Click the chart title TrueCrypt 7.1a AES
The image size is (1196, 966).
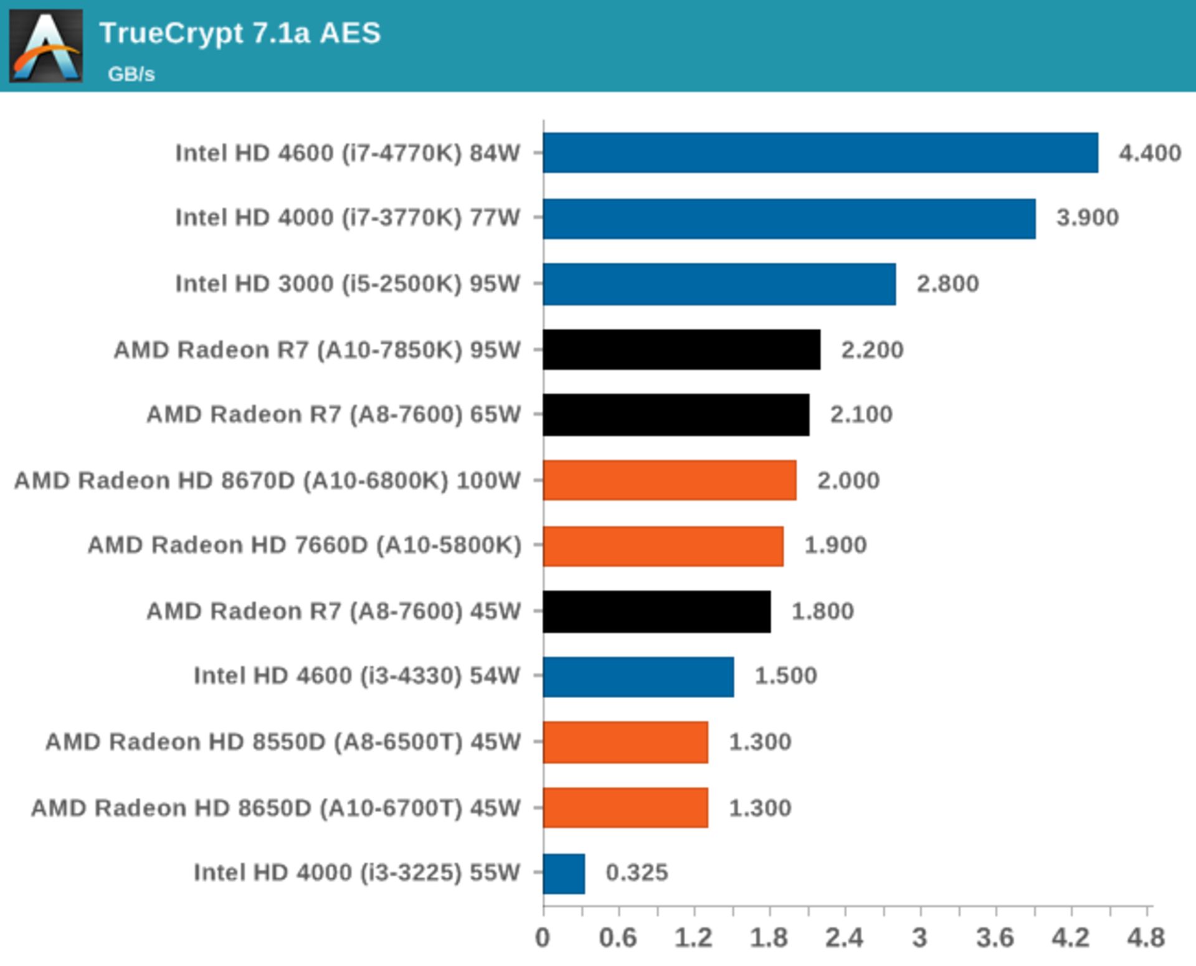240,34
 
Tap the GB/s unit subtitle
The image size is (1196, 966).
131,74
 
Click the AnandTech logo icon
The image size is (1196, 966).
45,45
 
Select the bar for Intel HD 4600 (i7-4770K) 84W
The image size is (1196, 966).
820,153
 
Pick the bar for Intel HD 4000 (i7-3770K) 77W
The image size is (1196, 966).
789,219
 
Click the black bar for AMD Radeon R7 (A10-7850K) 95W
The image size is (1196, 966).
681,349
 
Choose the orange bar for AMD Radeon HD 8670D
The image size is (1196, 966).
669,480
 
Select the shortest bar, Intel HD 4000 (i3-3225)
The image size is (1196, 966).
564,873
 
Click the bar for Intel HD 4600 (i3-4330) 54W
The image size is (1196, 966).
638,676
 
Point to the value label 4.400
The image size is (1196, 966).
1149,153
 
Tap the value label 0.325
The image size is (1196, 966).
637,873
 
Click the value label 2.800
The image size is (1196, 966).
947,284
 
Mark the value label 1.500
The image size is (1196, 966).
785,676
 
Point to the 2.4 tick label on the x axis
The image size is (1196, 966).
844,938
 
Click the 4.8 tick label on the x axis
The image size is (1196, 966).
1146,938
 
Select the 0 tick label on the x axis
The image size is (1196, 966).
543,938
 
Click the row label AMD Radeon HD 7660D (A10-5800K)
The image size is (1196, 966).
304,545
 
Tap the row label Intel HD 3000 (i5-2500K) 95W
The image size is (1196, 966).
347,284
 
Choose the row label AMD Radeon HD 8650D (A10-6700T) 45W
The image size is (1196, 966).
275,808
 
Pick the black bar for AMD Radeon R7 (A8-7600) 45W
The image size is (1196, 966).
657,611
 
